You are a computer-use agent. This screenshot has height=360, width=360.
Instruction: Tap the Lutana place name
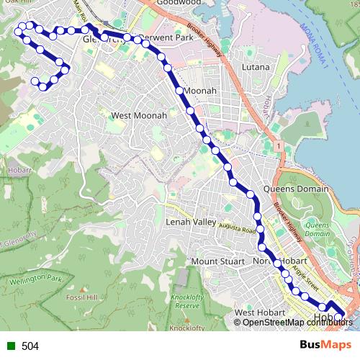tap(256, 67)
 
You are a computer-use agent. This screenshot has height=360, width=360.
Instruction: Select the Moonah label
tap(200, 91)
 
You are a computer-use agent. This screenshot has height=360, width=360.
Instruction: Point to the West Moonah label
tap(139, 115)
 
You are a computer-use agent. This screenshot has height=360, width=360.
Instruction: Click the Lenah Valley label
tap(191, 222)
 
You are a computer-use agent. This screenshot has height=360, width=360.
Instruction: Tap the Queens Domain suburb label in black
tap(296, 189)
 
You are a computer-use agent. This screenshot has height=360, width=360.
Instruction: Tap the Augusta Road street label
tap(238, 228)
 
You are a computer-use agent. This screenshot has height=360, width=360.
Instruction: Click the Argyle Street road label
tap(303, 279)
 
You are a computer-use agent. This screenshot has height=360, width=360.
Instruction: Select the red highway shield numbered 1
tap(277, 146)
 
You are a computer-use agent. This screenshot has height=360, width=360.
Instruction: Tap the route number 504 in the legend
tap(30, 346)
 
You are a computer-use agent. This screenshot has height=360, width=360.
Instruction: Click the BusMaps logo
tap(325, 346)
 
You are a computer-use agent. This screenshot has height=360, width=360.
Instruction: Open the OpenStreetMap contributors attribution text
tap(297, 322)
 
